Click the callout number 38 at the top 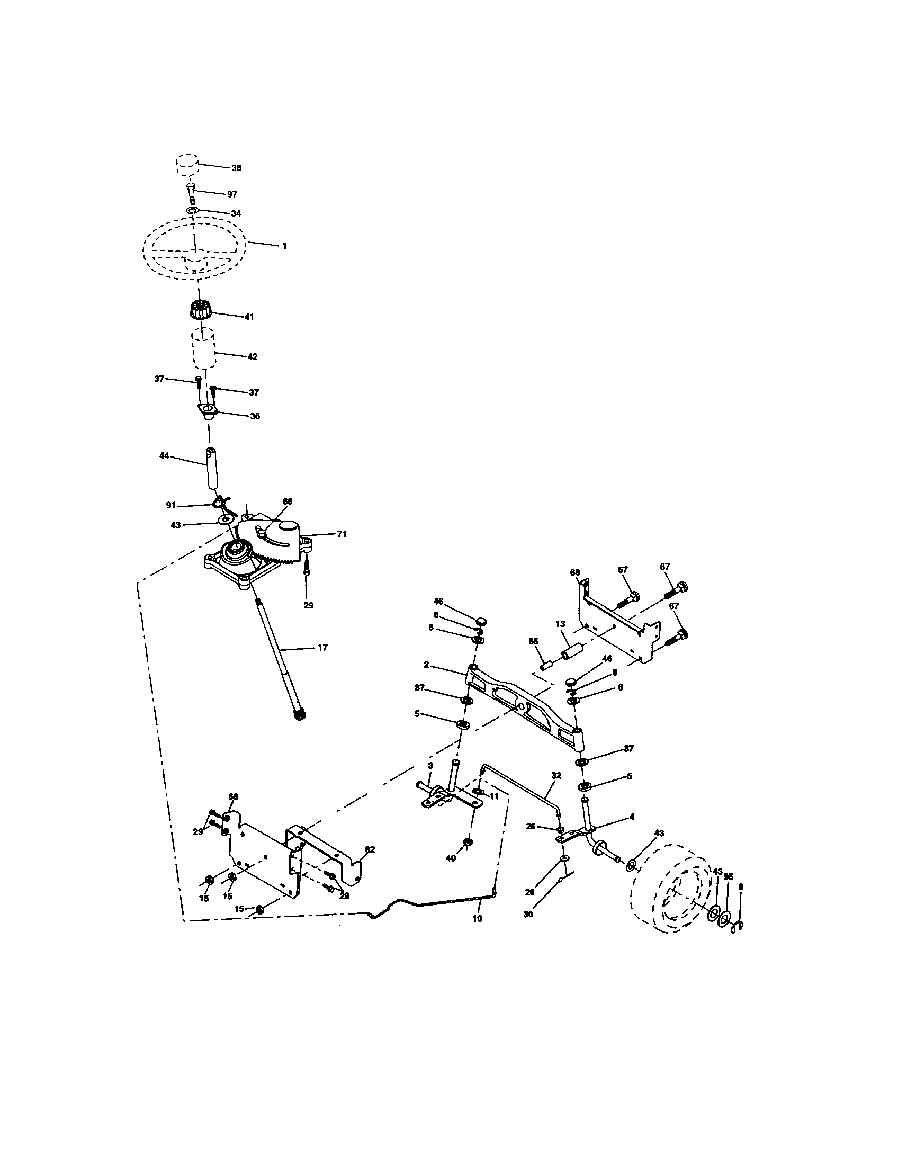point(236,167)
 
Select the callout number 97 point(232,194)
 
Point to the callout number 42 point(252,356)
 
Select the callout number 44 point(164,455)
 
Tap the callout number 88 point(288,501)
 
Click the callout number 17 point(322,648)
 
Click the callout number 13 point(559,624)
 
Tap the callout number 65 point(533,642)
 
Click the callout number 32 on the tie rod point(556,775)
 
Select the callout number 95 point(729,877)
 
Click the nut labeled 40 point(467,843)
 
